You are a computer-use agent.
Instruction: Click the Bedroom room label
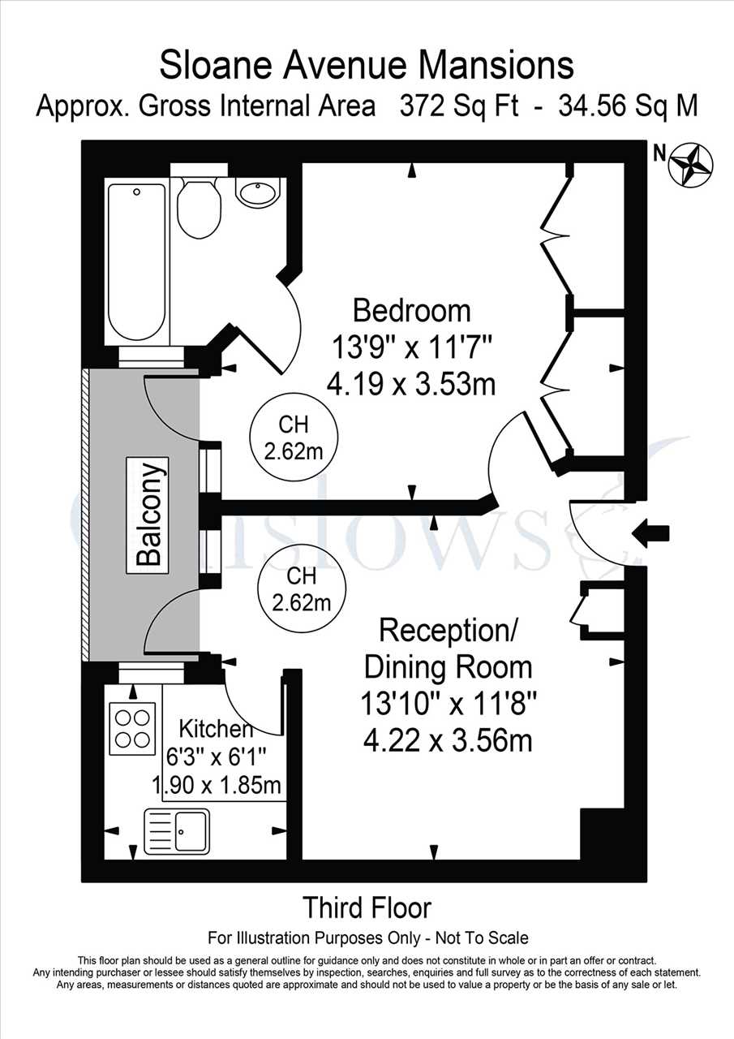coord(411,311)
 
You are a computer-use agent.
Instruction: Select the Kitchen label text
coord(216,729)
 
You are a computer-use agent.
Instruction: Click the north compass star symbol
coord(693,165)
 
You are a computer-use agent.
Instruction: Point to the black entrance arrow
coord(651,533)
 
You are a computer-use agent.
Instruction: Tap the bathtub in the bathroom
coord(137,261)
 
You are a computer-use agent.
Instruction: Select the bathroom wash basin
coord(259,194)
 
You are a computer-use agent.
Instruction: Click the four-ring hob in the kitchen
coord(132,729)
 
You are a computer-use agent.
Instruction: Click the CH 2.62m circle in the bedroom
coord(294,438)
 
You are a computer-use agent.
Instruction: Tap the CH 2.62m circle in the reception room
coord(302,588)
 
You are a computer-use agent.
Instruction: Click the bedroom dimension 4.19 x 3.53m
coord(411,385)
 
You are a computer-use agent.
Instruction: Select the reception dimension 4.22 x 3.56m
coord(448,741)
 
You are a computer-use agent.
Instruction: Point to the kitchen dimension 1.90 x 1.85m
coord(217,785)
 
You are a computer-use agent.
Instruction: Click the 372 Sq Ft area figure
coord(459,106)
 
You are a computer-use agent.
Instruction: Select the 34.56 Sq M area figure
coord(629,106)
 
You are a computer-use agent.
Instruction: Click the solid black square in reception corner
coord(603,834)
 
